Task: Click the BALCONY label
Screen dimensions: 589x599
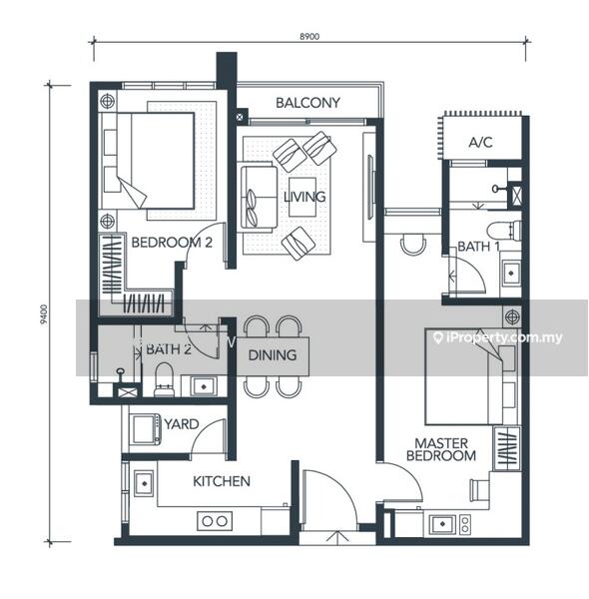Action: pyautogui.click(x=307, y=103)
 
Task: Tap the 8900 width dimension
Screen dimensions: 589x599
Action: pyautogui.click(x=309, y=37)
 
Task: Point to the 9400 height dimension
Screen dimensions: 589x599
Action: pyautogui.click(x=45, y=314)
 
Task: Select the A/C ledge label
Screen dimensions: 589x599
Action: pyautogui.click(x=480, y=143)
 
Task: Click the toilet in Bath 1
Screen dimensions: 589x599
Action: pyautogui.click(x=504, y=231)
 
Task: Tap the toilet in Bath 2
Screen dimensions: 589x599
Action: pyautogui.click(x=165, y=379)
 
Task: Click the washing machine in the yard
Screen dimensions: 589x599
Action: pyautogui.click(x=146, y=429)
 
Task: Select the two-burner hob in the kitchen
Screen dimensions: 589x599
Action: pyautogui.click(x=215, y=521)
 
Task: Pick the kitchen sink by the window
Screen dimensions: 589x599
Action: pyautogui.click(x=144, y=483)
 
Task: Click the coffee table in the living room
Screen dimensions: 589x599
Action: pyautogui.click(x=302, y=197)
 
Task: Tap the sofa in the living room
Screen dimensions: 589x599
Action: pyautogui.click(x=258, y=197)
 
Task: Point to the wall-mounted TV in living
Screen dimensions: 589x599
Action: pyautogui.click(x=369, y=187)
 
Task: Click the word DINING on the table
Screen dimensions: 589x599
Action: pyautogui.click(x=273, y=355)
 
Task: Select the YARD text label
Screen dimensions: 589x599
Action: pyautogui.click(x=182, y=424)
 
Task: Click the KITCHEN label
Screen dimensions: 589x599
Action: pyautogui.click(x=222, y=481)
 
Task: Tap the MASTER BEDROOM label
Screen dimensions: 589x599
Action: pyautogui.click(x=441, y=449)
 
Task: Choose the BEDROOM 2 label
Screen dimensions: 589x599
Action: pyautogui.click(x=172, y=243)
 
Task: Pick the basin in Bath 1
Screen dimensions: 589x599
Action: pyautogui.click(x=511, y=273)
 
